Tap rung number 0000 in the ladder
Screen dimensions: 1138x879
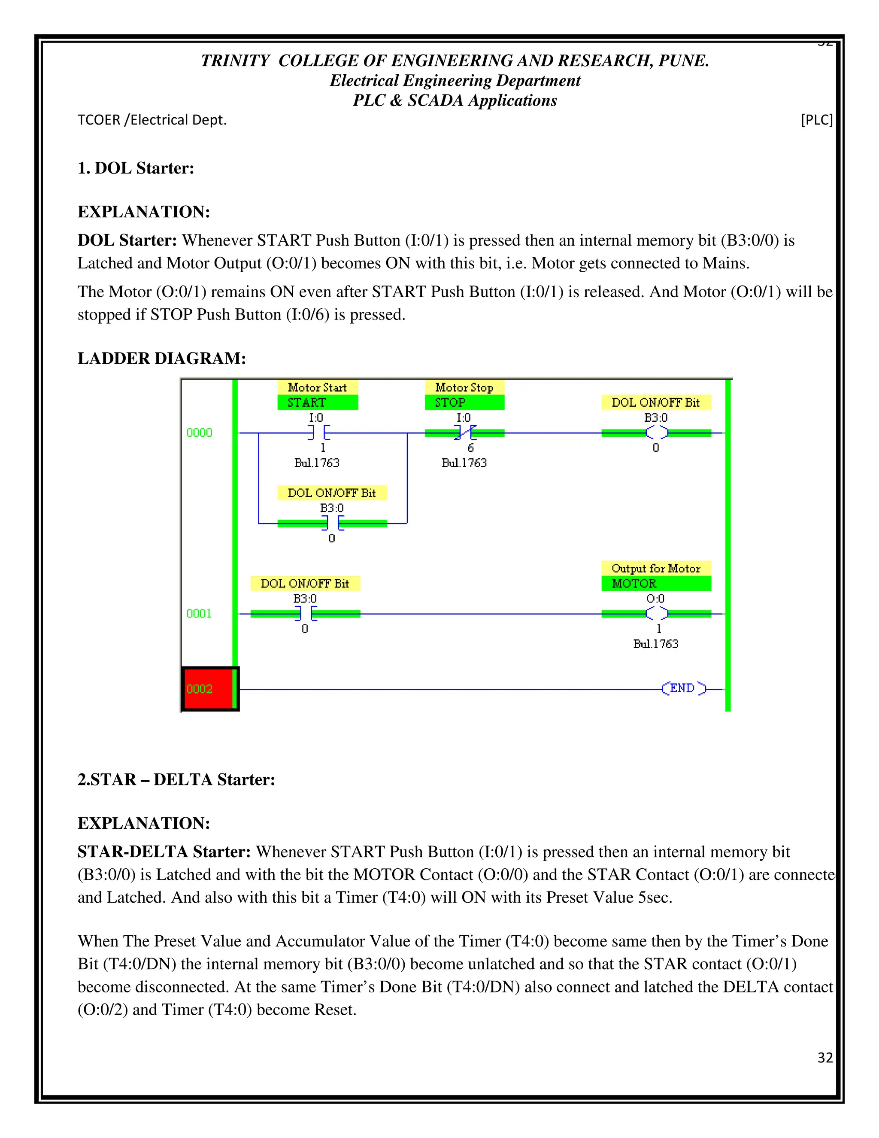[x=200, y=432]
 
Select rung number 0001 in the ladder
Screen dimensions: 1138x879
[x=200, y=613]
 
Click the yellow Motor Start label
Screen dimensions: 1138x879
[x=317, y=387]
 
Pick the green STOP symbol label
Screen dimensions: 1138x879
[x=464, y=402]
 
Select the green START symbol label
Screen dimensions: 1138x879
[x=317, y=402]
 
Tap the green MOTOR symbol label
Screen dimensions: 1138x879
[x=656, y=583]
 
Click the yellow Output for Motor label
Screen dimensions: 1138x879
[x=656, y=568]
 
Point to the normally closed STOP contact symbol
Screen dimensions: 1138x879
[x=464, y=432]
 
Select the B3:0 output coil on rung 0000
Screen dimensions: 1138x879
[x=656, y=432]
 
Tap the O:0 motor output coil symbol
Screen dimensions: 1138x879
[x=656, y=613]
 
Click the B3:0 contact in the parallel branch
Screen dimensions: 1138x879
[x=332, y=523]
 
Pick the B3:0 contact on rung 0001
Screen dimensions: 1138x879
[x=306, y=613]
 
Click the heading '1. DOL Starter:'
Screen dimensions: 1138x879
[x=136, y=168]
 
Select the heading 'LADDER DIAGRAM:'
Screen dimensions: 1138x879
[x=162, y=359]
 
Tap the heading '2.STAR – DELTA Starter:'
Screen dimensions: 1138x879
[x=176, y=779]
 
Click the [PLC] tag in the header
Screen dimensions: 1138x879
[x=816, y=120]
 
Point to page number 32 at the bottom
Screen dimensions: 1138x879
[x=825, y=1057]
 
